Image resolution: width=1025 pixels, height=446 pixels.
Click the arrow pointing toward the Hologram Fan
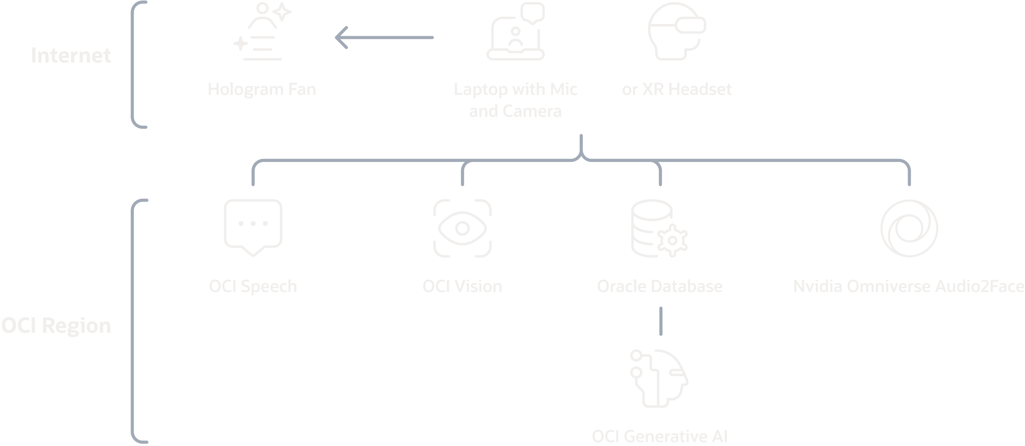(384, 38)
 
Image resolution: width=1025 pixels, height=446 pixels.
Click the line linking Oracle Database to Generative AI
(661, 321)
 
